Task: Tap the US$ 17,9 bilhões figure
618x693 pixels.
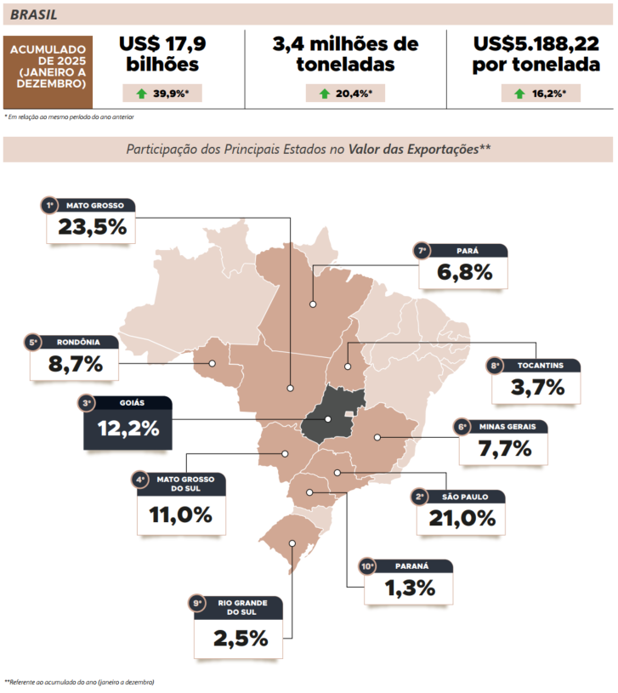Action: (x=162, y=54)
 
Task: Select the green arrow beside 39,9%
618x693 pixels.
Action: (x=141, y=94)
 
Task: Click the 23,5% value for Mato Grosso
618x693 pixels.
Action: (x=92, y=227)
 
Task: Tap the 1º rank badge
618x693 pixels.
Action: (x=50, y=205)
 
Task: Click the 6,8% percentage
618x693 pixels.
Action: (x=464, y=272)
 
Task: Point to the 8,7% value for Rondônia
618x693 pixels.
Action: (x=75, y=364)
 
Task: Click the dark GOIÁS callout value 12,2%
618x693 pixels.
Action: (x=128, y=428)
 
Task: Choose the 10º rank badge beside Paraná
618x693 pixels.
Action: (x=367, y=566)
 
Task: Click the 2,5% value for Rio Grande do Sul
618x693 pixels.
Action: (x=241, y=637)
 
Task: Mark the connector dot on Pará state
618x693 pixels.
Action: (x=313, y=303)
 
